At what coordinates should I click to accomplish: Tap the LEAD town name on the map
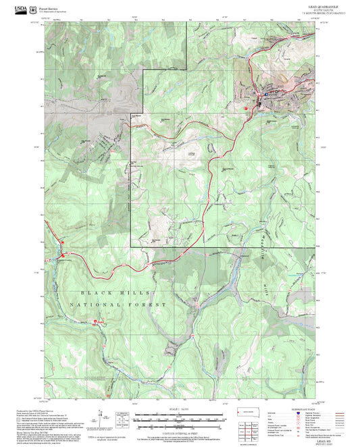tap(280, 86)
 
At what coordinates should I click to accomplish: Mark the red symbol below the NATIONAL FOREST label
tap(95, 322)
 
